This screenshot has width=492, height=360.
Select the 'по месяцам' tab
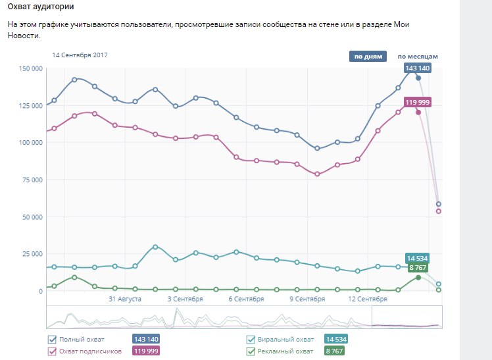point(417,57)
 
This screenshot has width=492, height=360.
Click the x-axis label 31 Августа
point(125,299)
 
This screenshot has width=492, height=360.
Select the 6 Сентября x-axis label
point(247,299)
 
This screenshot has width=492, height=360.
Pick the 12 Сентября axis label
point(367,299)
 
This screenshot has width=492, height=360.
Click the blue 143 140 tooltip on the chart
point(418,68)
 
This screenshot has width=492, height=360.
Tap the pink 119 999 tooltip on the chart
point(418,102)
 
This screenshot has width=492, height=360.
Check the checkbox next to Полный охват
point(53,340)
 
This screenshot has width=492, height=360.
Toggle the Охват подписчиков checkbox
point(53,351)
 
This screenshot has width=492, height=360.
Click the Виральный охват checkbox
point(250,340)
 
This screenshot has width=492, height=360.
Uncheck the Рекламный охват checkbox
point(250,351)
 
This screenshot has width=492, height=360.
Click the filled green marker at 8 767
point(418,277)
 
